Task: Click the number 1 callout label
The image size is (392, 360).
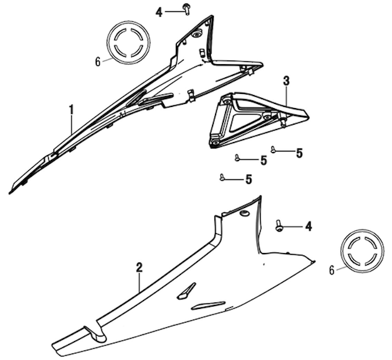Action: [x=72, y=110]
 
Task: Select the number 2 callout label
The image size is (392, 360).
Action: [x=139, y=267]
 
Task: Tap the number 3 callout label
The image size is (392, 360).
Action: [x=286, y=81]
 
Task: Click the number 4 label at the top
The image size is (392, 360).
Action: [x=159, y=12]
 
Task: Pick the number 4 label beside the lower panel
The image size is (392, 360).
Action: [x=308, y=226]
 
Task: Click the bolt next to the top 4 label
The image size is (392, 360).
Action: [x=186, y=8]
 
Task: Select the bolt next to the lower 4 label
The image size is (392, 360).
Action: [x=279, y=226]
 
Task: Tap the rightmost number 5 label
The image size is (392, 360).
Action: [x=299, y=153]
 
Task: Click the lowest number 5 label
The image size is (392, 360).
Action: [x=248, y=179]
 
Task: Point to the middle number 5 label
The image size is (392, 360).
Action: [x=264, y=160]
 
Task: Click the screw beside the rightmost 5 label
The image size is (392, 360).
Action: [x=273, y=150]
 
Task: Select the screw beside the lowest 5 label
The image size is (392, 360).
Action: [x=222, y=178]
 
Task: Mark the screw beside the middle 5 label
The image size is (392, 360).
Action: [x=237, y=158]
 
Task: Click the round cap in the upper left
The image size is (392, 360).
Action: [x=128, y=43]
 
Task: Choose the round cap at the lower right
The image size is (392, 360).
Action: [x=362, y=252]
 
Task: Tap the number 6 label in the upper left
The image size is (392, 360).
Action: [x=98, y=62]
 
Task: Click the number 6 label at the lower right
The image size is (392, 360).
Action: [x=332, y=270]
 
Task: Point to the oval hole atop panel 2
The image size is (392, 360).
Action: [x=245, y=213]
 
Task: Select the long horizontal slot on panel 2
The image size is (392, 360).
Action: [x=208, y=305]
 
